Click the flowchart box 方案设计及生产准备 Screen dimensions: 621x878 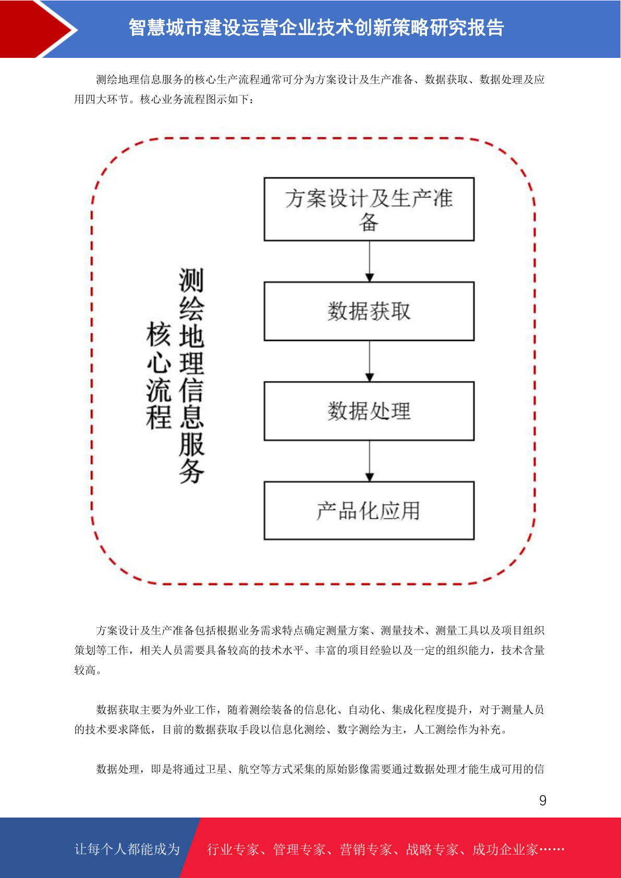[369, 209]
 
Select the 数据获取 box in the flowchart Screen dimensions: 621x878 [369, 311]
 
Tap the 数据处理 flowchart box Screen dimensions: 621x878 [369, 411]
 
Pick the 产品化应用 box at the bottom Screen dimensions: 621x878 [369, 510]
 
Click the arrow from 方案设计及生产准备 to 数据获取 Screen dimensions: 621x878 [369, 261]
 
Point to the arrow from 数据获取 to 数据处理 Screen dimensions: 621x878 [369, 361]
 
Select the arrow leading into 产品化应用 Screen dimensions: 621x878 [369, 461]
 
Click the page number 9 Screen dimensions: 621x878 [543, 800]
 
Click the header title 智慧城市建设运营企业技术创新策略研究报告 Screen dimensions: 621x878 [316, 28]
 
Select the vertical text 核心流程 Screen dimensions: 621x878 [159, 375]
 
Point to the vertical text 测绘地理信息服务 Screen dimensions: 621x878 [191, 375]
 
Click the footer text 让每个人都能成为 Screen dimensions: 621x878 [127, 849]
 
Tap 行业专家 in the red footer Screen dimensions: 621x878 [233, 849]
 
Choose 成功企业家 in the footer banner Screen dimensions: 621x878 [505, 849]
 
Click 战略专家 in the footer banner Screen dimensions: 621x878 [432, 849]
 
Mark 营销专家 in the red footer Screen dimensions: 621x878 [366, 849]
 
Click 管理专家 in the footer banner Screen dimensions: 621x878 [299, 849]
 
